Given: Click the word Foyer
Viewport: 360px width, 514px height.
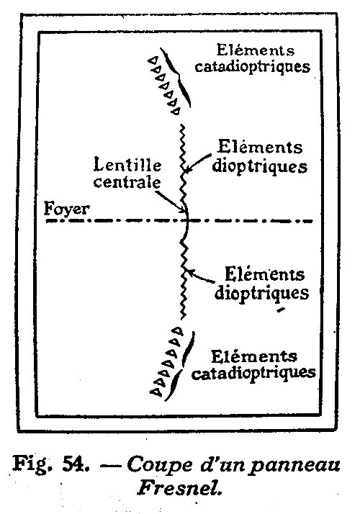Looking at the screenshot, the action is [66, 209].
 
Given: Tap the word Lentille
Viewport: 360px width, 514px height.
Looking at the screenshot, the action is [127, 164].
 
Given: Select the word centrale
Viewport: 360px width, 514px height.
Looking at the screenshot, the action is [127, 182].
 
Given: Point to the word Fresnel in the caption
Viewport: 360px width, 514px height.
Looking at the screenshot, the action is [180, 488].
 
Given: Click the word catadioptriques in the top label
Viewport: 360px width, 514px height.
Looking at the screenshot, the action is [252, 66].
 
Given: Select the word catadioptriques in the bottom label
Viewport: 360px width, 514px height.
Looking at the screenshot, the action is [253, 373].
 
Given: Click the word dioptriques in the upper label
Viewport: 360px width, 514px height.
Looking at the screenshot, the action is [260, 166].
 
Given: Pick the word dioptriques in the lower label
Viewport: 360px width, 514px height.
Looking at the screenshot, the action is [261, 293].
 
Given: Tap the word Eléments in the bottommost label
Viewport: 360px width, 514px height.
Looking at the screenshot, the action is [254, 356].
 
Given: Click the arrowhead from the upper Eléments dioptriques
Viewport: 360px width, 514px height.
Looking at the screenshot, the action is [186, 171].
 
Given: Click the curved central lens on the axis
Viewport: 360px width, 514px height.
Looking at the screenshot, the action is [187, 220].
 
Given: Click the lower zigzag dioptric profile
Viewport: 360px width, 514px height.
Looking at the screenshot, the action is [184, 279].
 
